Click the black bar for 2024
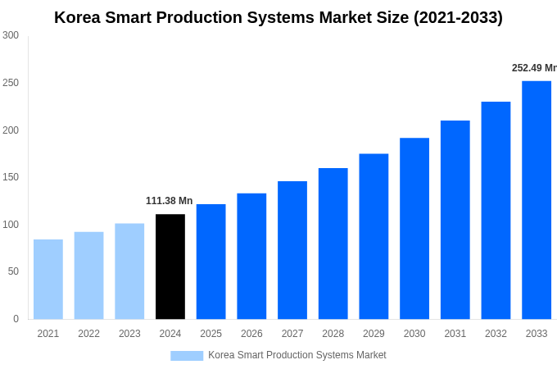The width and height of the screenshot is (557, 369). (170, 266)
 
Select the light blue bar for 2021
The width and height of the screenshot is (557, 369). (48, 279)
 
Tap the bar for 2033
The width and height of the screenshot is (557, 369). (537, 200)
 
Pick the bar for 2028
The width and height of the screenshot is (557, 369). (333, 244)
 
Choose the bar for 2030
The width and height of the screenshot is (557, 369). (414, 229)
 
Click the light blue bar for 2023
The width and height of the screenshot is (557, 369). (129, 271)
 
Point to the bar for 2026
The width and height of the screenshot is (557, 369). (251, 256)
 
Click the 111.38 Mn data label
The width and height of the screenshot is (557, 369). (169, 201)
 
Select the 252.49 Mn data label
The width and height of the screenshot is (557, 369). (533, 68)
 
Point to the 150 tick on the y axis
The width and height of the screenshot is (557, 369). (11, 177)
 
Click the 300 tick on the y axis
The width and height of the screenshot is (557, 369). (11, 35)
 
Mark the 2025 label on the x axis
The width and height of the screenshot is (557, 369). (211, 334)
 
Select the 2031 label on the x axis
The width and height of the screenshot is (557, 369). (455, 334)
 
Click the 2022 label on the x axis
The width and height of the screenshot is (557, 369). (88, 334)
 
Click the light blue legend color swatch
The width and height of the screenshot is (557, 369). (187, 355)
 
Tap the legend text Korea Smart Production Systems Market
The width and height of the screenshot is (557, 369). (297, 355)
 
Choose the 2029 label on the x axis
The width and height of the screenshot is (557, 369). (374, 334)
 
